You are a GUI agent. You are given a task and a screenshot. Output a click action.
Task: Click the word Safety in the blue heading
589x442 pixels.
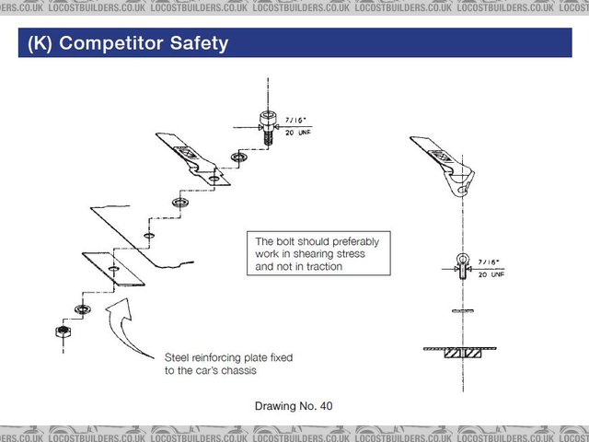click(199, 43)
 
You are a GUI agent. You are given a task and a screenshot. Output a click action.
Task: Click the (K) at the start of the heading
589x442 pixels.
click(40, 43)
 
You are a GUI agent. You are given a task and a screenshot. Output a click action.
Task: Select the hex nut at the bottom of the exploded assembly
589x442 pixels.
click(64, 331)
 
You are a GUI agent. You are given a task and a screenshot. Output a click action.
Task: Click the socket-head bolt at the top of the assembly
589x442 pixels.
click(268, 127)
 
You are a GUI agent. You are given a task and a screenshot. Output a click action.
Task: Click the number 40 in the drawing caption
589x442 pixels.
click(326, 406)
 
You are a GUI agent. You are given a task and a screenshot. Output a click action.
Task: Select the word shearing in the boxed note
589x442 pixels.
click(310, 254)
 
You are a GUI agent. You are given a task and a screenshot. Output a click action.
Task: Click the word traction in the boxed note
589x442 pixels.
click(324, 266)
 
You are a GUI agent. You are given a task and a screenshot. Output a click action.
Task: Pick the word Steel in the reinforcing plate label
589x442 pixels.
click(177, 357)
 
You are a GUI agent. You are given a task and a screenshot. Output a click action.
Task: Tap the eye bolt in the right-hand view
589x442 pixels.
click(462, 266)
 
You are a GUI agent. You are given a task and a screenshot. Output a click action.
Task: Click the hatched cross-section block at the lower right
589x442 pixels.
click(462, 354)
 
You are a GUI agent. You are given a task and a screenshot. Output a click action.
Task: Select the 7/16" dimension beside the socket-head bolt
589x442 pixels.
click(295, 121)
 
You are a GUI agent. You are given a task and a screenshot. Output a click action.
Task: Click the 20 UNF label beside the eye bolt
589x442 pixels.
click(491, 274)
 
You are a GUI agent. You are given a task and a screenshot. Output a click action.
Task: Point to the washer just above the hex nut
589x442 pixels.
click(82, 309)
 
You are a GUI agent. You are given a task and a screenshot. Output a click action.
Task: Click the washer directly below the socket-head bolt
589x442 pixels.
click(238, 157)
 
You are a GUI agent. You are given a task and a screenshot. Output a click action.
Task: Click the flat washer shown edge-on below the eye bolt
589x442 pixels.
click(462, 311)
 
